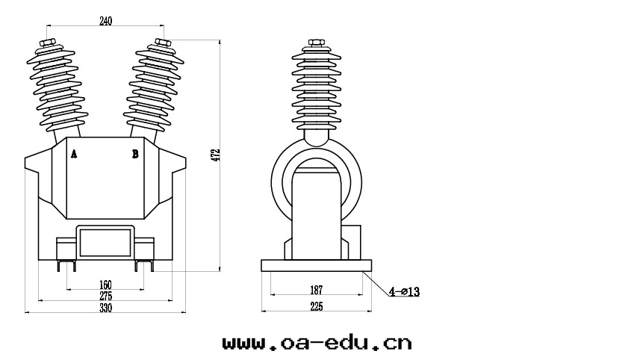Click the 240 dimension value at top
pos(105,22)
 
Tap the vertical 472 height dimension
pos(217,155)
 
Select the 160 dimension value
pos(105,285)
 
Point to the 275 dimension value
pos(105,297)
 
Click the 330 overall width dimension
pos(105,308)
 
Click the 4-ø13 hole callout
pos(404,292)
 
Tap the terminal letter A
pos(73,154)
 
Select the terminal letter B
pos(135,154)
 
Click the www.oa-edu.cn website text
pos(317,343)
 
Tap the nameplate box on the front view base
pos(105,241)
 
